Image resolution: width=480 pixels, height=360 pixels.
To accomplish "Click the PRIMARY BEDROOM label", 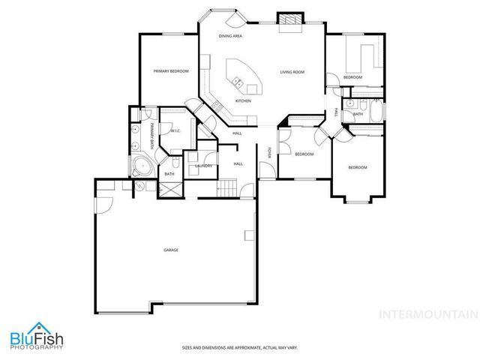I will (x=170, y=71).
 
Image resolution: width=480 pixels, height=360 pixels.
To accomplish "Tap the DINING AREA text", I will (x=229, y=36).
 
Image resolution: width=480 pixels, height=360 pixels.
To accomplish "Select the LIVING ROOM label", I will (x=292, y=72).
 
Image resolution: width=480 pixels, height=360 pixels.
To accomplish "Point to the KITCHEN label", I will (x=243, y=100).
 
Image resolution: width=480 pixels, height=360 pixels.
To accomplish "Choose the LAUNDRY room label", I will (x=203, y=166).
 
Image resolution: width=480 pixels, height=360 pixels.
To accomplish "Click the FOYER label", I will (x=269, y=153).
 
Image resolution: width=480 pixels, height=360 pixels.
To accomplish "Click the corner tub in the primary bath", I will (x=140, y=166).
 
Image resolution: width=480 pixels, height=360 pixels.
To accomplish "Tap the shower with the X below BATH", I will (x=170, y=188).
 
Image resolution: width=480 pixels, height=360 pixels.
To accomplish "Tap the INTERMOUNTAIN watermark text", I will (x=427, y=314).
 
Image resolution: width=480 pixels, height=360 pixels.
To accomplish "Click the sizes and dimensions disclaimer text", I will (x=239, y=347).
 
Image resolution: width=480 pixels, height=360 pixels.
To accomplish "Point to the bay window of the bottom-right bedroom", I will (x=356, y=200).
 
